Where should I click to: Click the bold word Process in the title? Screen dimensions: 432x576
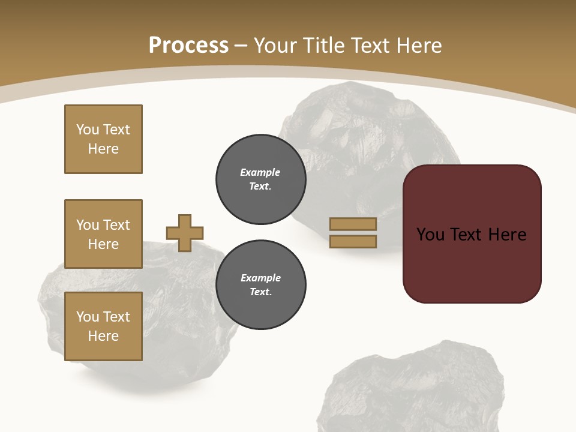coord(188,45)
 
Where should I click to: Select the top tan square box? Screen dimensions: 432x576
coord(103,139)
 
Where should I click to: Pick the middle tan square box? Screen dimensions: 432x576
coord(103,234)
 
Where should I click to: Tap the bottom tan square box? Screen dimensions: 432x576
coord(103,326)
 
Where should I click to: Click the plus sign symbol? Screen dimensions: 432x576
coord(185,233)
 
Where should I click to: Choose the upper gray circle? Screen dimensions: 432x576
coord(260,179)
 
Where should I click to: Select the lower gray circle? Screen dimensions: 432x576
coord(260,285)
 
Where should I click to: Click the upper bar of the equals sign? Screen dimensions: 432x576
coord(353,224)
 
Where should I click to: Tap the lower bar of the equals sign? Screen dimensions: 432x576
coord(353,241)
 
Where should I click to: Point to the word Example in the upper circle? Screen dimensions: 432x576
coord(260,172)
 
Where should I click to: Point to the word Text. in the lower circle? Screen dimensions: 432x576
coord(260,292)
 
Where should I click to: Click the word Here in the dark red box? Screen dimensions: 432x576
coord(507,235)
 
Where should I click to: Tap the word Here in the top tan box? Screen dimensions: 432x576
coord(103,149)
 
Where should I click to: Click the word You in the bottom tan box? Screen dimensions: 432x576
coord(88,317)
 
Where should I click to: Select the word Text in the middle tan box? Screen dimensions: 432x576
coord(116,225)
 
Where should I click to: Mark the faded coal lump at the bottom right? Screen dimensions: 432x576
coord(414,390)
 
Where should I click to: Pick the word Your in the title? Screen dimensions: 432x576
coord(275,45)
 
